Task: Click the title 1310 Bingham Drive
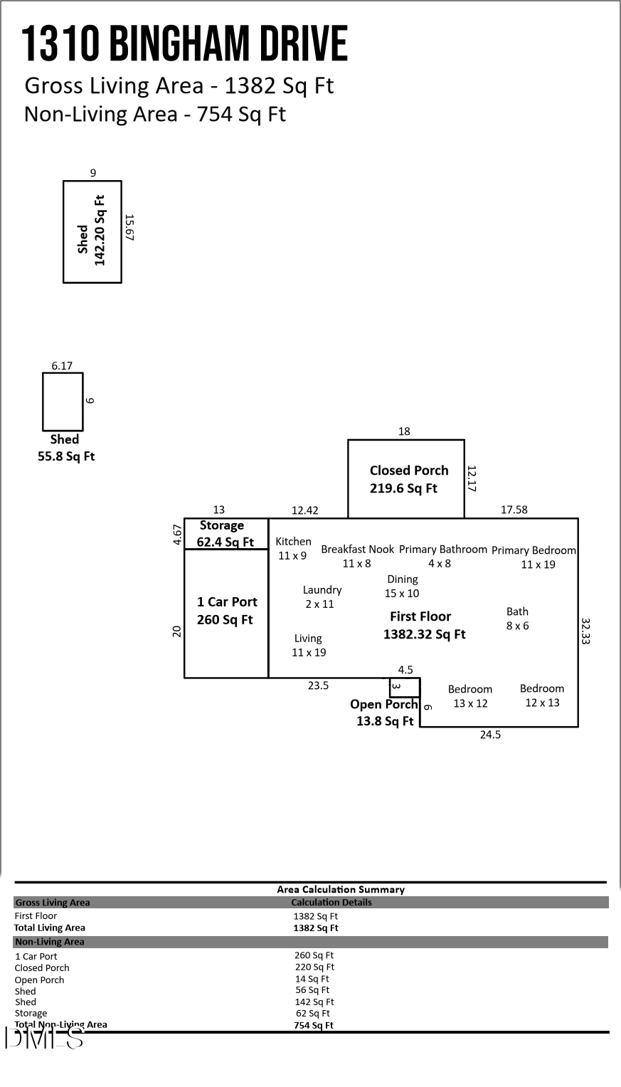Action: [x=184, y=44]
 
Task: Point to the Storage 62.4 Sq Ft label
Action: [x=223, y=534]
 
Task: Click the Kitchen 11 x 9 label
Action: [x=293, y=548]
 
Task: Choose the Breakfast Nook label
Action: [x=357, y=556]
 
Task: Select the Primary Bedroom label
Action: [x=534, y=557]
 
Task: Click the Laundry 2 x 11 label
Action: [x=322, y=597]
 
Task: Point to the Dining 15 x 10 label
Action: [x=402, y=586]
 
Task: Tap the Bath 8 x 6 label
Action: [x=517, y=619]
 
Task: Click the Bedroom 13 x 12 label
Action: [x=470, y=696]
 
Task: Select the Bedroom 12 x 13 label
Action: [x=542, y=695]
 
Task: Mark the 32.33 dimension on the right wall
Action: [x=586, y=631]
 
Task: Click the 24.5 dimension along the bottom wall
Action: [x=490, y=735]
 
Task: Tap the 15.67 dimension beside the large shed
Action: [x=129, y=228]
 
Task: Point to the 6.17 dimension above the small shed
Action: [x=62, y=366]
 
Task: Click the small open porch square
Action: [x=405, y=687]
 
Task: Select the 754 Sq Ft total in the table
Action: [x=314, y=1026]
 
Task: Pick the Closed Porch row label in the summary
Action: [x=42, y=968]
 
